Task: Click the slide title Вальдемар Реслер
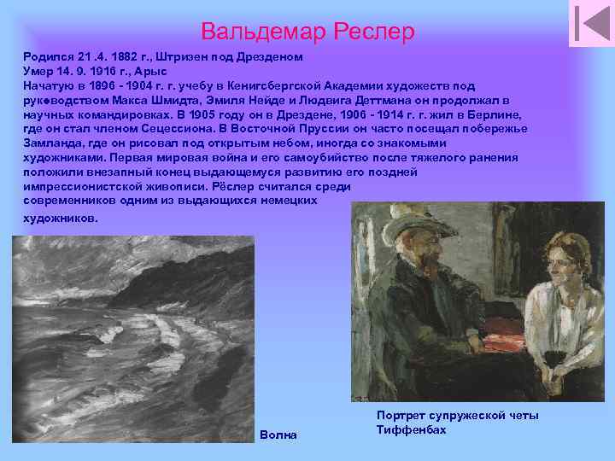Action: pyautogui.click(x=307, y=32)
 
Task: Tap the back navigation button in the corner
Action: pyautogui.click(x=591, y=24)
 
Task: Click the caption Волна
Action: pyautogui.click(x=278, y=435)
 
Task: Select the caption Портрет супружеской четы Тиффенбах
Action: pyautogui.click(x=457, y=423)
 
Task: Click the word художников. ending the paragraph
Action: pyautogui.click(x=61, y=218)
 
